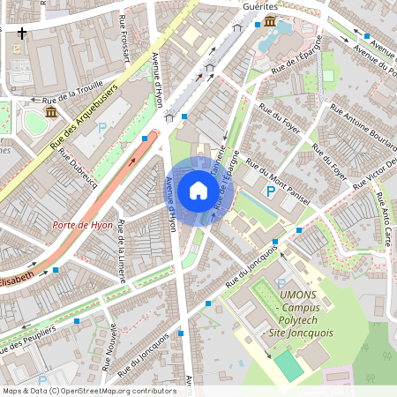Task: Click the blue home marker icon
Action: (x=198, y=190)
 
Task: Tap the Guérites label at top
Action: (x=259, y=5)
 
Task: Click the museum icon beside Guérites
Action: (x=269, y=21)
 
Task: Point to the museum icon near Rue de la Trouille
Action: (x=51, y=113)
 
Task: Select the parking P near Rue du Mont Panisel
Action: (x=270, y=191)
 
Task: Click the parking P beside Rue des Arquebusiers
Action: (x=101, y=128)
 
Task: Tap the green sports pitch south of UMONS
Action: (x=287, y=363)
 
